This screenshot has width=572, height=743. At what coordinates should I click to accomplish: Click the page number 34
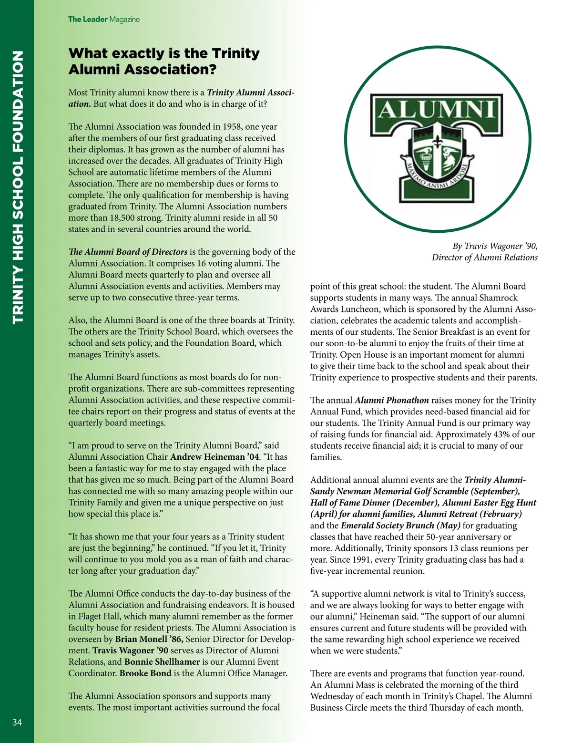[x=17, y=722]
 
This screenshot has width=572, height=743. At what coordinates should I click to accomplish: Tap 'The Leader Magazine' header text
[x=103, y=20]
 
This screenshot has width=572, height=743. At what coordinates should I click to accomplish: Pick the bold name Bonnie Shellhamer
[x=162, y=662]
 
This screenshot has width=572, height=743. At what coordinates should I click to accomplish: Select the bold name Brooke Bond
[x=145, y=673]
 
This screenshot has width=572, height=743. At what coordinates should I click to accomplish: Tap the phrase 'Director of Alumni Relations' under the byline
[x=484, y=258]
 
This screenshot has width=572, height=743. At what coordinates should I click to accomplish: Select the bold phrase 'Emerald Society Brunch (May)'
[x=400, y=526]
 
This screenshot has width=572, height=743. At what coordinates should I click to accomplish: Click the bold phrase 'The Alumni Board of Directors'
[x=128, y=252]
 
